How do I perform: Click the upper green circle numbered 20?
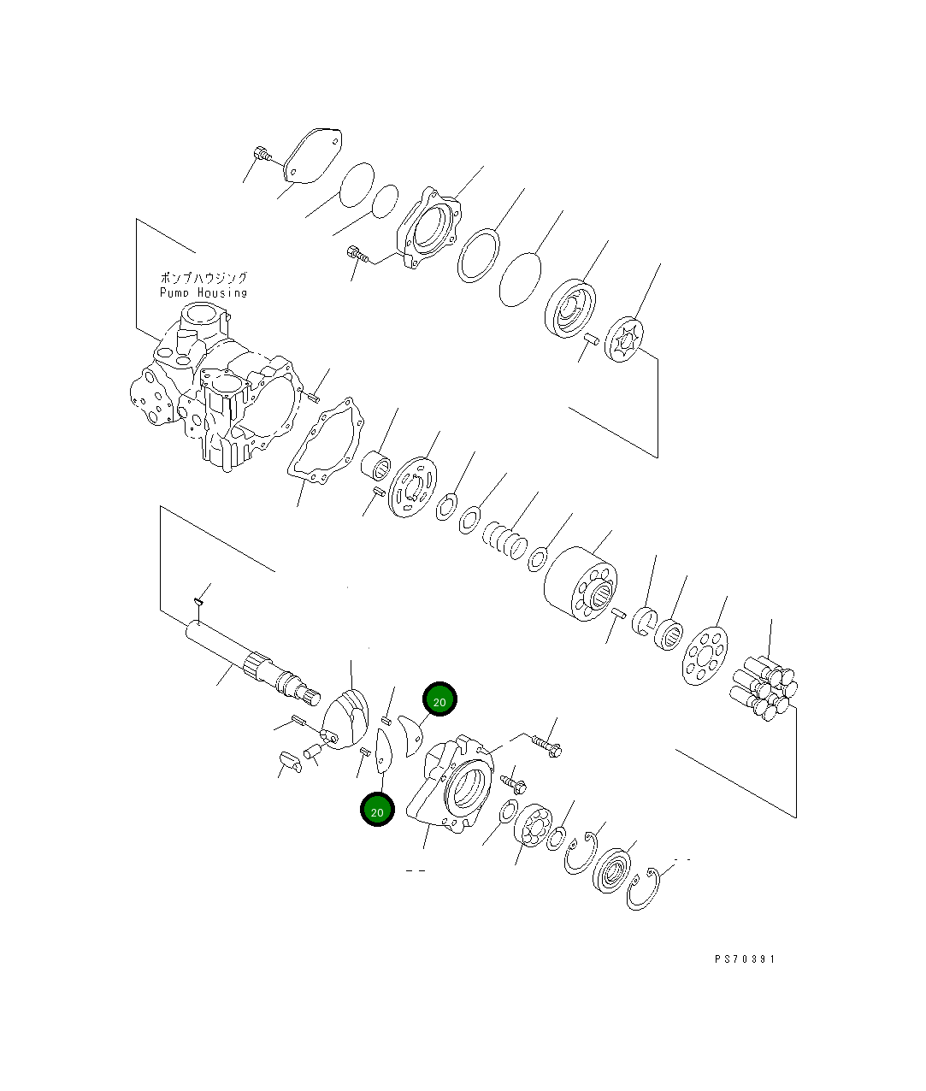tap(439, 700)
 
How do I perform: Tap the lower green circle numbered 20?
tap(377, 810)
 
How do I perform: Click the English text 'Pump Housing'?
tap(203, 292)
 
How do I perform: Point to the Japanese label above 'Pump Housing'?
tap(203, 278)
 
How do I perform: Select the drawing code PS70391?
tap(745, 959)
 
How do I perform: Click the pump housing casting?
tap(214, 393)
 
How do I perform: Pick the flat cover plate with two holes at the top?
tap(311, 156)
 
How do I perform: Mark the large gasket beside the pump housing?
tap(325, 445)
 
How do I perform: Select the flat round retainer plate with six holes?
tap(705, 656)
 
